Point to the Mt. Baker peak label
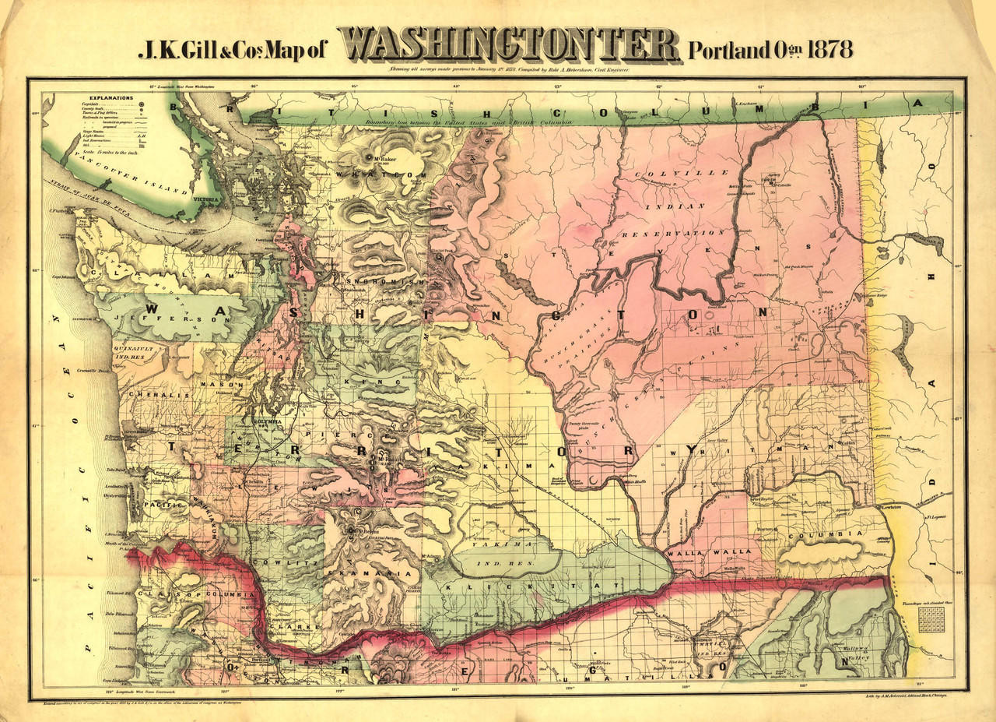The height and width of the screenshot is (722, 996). [x=381, y=161]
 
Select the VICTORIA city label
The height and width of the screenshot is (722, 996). [x=205, y=199]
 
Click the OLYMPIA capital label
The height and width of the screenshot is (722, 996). [x=268, y=421]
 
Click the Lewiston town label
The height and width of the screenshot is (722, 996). [x=892, y=507]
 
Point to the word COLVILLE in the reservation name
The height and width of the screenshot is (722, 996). [x=682, y=172]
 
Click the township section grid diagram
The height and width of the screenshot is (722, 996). [x=931, y=619]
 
